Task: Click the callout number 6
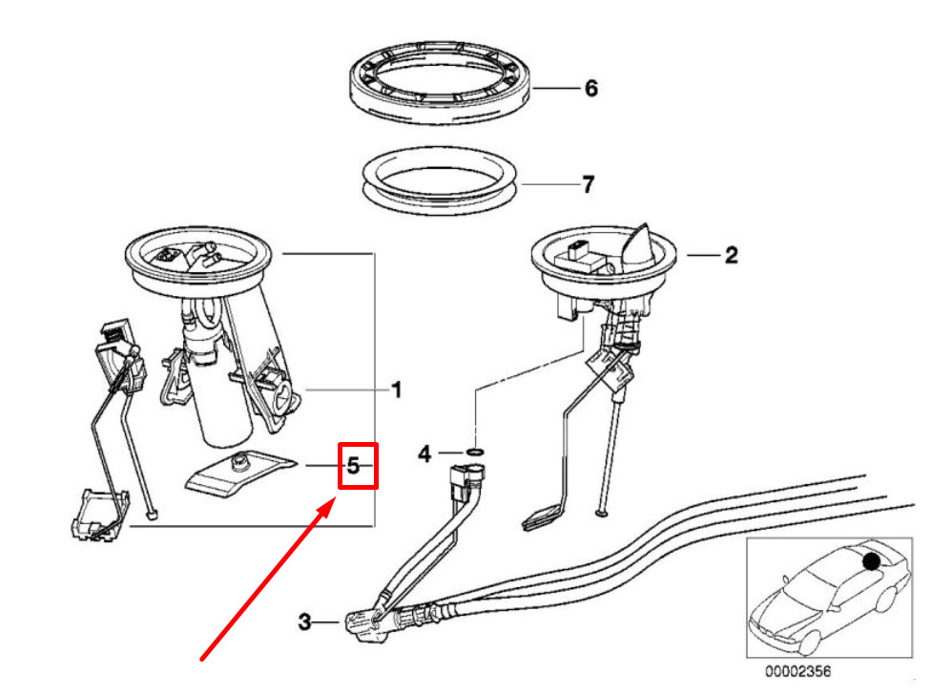tap(591, 89)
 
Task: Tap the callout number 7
tap(588, 184)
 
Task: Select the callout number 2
tap(731, 255)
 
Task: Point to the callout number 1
tap(397, 390)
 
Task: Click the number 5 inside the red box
tap(353, 466)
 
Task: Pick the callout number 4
tap(424, 453)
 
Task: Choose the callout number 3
tap(305, 622)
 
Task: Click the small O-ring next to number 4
tap(475, 453)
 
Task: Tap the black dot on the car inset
tap(871, 561)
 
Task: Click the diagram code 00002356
tap(797, 672)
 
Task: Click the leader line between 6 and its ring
tap(555, 89)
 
